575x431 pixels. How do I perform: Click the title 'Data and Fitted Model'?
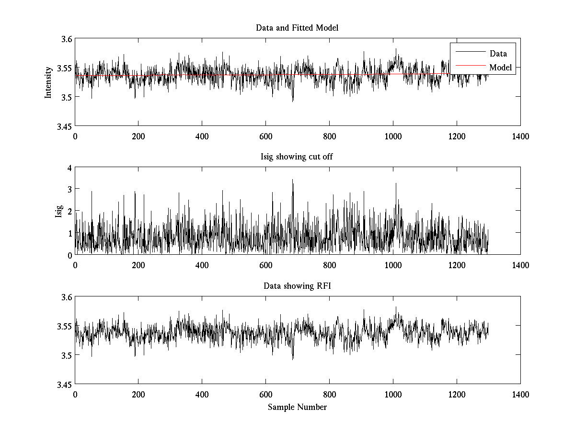click(297, 28)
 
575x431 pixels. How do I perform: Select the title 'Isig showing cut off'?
click(297, 157)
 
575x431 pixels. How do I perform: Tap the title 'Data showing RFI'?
click(297, 286)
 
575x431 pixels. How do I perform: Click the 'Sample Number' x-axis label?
click(297, 407)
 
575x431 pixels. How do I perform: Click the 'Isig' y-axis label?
click(58, 211)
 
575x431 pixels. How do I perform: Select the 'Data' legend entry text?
click(498, 54)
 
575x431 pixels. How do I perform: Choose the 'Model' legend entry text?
click(500, 68)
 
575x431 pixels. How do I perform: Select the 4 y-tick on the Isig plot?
click(69, 168)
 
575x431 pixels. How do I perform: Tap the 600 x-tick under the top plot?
click(265, 136)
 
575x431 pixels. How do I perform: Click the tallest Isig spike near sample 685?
click(293, 181)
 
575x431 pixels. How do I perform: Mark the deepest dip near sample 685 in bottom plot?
click(293, 359)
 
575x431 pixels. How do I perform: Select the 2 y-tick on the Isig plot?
click(69, 211)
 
